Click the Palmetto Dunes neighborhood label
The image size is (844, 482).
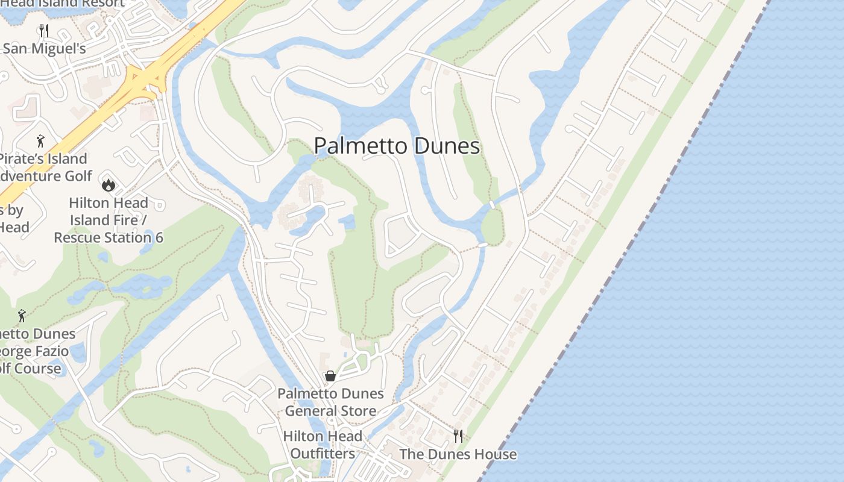point(397,146)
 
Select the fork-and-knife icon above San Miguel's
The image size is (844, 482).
point(43,30)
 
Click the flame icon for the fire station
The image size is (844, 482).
point(109,184)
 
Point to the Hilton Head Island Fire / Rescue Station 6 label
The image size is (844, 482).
point(109,220)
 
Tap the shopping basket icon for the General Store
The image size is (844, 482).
point(330,376)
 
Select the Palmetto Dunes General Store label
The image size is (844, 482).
point(330,402)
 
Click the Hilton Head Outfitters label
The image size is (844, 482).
point(323,445)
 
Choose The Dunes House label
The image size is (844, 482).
point(458,454)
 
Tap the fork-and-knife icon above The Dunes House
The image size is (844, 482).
point(458,436)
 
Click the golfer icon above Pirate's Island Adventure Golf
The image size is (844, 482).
point(40,141)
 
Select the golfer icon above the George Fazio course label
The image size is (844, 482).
point(22,315)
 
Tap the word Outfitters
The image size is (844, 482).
point(323,453)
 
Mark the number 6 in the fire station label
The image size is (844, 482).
point(159,237)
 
